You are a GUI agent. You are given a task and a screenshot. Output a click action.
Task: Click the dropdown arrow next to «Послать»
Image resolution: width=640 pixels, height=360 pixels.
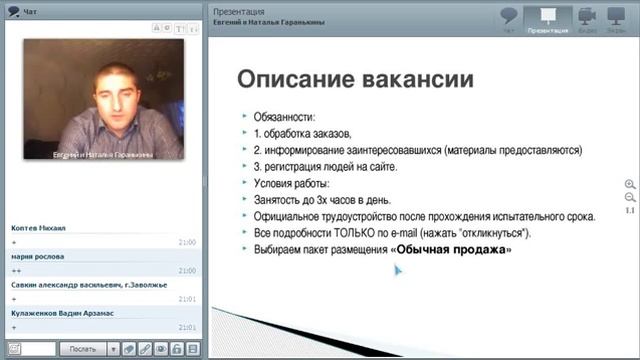(114, 349)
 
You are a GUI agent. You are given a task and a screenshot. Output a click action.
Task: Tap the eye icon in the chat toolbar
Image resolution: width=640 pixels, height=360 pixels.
(160, 349)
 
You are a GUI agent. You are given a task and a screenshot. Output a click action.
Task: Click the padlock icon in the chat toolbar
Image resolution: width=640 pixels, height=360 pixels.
(176, 349)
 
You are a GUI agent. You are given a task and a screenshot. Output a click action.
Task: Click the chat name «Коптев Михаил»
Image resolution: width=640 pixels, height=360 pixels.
(39, 229)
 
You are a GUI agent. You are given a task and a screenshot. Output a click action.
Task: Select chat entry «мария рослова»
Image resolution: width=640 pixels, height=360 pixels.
(39, 257)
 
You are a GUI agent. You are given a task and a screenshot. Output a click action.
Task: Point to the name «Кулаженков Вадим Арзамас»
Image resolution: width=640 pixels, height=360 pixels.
(61, 313)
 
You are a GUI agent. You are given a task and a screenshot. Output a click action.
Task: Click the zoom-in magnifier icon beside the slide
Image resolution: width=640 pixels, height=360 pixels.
(630, 184)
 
